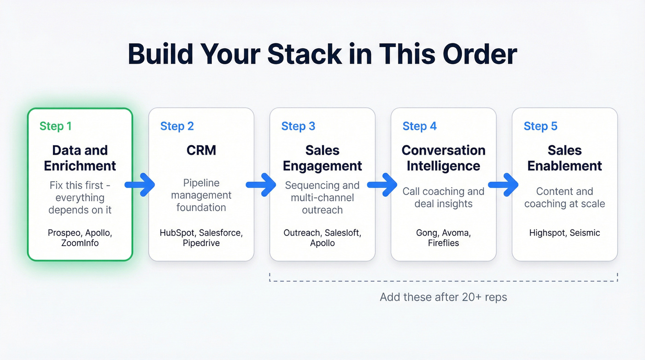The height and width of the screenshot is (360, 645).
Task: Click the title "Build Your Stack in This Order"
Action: click(322, 54)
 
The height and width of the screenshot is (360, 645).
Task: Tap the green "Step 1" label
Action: click(55, 126)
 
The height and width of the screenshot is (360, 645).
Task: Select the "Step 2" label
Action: click(177, 126)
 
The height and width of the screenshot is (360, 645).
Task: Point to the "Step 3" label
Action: click(298, 126)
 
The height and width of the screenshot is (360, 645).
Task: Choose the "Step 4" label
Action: click(419, 126)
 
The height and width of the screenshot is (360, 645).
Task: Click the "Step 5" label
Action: click(540, 126)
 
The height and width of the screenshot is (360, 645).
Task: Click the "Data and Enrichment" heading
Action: click(80, 158)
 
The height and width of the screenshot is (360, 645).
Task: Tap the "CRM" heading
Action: click(201, 151)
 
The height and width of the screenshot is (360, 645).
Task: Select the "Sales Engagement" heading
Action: click(322, 158)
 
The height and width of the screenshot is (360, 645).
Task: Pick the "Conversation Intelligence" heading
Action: click(444, 158)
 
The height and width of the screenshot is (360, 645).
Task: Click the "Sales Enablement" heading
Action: click(565, 158)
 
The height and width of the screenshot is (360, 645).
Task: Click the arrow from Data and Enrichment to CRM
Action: click(141, 185)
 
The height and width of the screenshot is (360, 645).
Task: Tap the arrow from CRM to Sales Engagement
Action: click(262, 185)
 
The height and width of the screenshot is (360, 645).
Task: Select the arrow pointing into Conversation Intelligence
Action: click(383, 185)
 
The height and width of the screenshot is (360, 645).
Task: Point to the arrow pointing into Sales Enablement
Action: click(504, 185)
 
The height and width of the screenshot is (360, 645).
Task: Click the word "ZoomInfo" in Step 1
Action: click(80, 243)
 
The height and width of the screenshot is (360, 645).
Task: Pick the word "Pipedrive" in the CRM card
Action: click(201, 243)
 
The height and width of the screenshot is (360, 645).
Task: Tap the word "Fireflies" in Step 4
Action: click(444, 243)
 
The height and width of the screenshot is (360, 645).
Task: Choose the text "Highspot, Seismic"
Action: click(565, 233)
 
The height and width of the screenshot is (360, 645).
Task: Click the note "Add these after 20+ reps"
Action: click(443, 297)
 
